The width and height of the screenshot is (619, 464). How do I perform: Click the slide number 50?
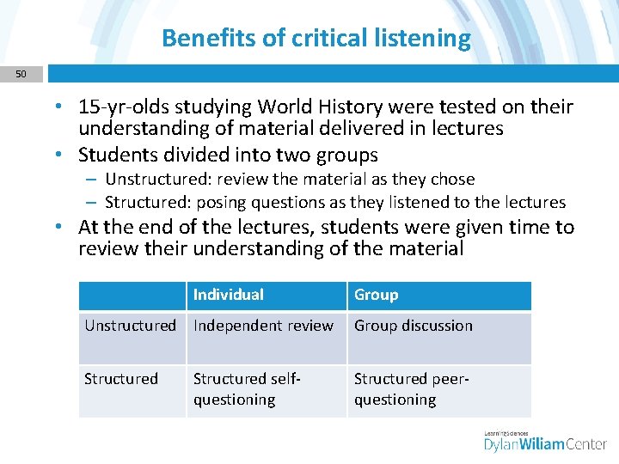(21, 75)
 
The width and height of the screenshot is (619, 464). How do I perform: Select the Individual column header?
(229, 295)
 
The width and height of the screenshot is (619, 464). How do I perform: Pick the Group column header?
(377, 295)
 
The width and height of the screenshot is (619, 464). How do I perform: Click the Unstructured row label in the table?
(130, 326)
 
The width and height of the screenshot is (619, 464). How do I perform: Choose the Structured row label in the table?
(121, 379)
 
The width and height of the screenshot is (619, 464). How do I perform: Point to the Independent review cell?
(263, 326)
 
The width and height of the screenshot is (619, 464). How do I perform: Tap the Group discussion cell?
(414, 326)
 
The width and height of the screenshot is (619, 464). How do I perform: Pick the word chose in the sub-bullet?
(453, 180)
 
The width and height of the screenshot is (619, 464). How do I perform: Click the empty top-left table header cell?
(132, 296)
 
